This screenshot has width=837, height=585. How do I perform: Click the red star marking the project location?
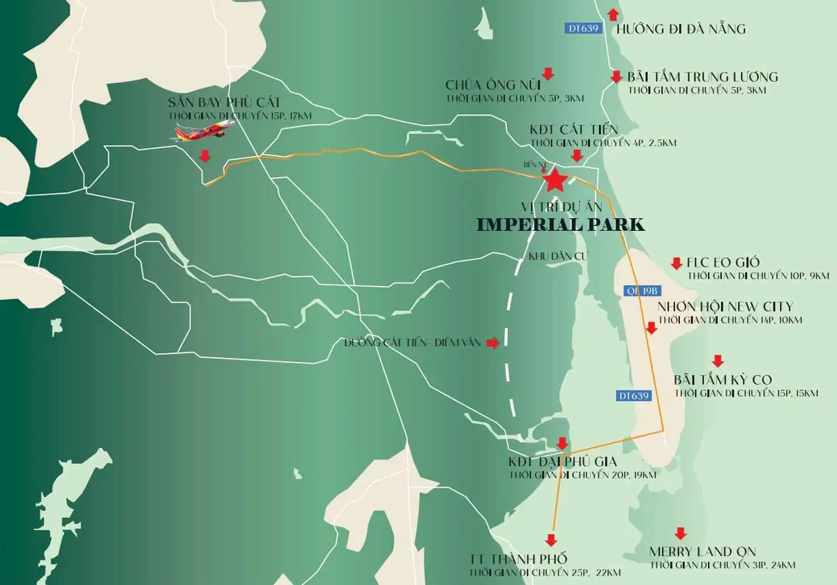555,181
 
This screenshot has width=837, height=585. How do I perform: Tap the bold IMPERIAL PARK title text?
561,225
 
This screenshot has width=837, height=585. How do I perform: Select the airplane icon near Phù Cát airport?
202,130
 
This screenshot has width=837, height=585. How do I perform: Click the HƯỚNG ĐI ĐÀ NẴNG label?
681,29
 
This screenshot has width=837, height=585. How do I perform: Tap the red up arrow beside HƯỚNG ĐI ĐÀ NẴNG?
613,14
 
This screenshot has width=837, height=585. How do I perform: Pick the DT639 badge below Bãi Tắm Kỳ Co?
634,395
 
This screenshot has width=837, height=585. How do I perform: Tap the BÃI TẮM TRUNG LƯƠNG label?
702,77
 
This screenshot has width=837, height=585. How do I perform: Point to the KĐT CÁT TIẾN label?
573,130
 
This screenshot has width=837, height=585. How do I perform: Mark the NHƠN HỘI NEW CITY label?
725,307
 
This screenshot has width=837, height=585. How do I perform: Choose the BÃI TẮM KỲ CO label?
723,380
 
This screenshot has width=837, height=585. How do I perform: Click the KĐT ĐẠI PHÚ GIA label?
564,462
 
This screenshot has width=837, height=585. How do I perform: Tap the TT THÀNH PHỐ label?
518,559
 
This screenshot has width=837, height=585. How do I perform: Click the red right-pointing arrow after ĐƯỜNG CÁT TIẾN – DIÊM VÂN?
493,343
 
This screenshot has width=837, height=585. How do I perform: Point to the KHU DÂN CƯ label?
559,256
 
